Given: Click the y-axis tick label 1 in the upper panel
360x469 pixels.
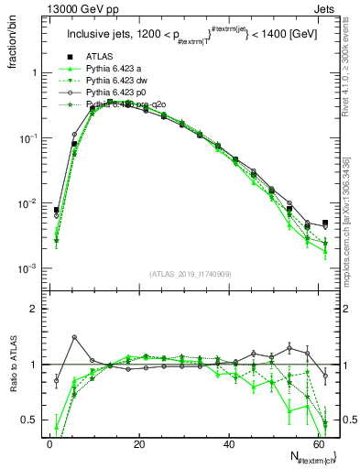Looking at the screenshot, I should tap(33, 72).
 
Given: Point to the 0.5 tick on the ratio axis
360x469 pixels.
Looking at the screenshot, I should tap(29, 420).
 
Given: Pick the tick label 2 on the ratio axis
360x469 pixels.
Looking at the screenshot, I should tap(34, 310).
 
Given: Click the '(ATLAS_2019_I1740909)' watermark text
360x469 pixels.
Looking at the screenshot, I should tap(188, 274).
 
